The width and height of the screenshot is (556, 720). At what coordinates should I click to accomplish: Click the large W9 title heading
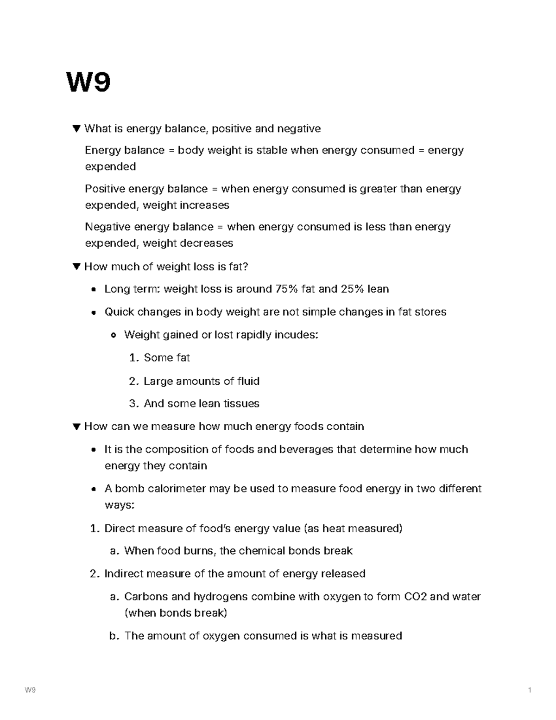click(x=88, y=83)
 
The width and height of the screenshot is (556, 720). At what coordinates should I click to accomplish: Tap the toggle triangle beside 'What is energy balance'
click(x=77, y=128)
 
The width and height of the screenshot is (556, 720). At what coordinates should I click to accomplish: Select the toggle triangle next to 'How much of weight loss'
click(x=77, y=267)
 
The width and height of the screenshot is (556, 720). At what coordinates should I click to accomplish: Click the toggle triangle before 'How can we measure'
click(x=77, y=427)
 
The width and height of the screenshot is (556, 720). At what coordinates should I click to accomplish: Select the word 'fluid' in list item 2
click(x=248, y=381)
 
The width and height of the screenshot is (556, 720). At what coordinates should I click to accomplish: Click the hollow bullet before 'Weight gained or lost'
click(x=113, y=335)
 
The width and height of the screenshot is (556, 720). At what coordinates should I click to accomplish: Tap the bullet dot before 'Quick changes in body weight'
click(x=94, y=312)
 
